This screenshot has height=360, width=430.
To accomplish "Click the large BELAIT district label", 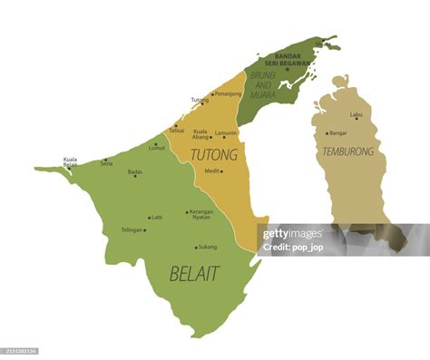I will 194,273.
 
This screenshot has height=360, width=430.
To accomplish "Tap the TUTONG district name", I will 214,154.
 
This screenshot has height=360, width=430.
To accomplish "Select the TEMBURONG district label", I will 347,151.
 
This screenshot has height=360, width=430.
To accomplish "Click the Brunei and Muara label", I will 263,84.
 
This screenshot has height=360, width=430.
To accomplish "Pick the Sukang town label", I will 208,247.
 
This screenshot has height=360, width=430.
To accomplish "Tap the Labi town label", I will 157,218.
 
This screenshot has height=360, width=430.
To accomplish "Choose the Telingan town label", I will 132,229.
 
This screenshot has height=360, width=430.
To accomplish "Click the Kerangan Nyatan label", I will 200,215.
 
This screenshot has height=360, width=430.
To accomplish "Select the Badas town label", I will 134,170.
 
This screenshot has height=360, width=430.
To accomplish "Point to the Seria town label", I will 107,163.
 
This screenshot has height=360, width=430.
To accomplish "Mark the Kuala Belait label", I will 70,162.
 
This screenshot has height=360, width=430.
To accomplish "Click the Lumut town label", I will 157,148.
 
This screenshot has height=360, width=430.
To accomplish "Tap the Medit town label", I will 211,170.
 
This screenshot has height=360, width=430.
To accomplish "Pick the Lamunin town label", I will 227,132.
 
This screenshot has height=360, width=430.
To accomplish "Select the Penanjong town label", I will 228,93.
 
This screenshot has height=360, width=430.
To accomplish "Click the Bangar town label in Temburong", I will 337,133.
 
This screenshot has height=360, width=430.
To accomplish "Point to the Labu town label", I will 357,114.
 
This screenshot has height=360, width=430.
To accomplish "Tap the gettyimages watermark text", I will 291,234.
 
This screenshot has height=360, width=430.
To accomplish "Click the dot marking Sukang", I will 195,248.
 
